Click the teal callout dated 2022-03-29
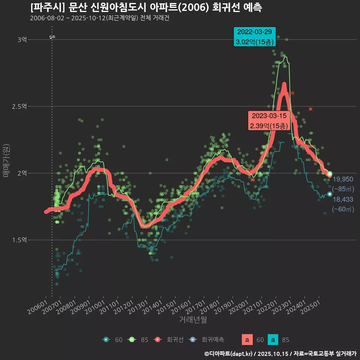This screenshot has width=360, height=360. (x=255, y=37)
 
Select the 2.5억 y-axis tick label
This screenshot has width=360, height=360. (x=19, y=106)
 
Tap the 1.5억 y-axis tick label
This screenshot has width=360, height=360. (x=19, y=240)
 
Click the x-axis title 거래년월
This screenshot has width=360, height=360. (x=193, y=319)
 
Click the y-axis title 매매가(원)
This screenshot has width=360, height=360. (x=6, y=160)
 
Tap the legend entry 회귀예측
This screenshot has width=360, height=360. (x=212, y=340)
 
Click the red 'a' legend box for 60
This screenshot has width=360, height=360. (x=247, y=340)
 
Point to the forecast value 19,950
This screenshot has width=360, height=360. (x=343, y=179)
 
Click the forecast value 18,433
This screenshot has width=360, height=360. (x=343, y=199)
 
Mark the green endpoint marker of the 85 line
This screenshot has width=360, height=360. (x=330, y=174)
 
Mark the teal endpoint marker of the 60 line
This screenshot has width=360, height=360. (x=330, y=194)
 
